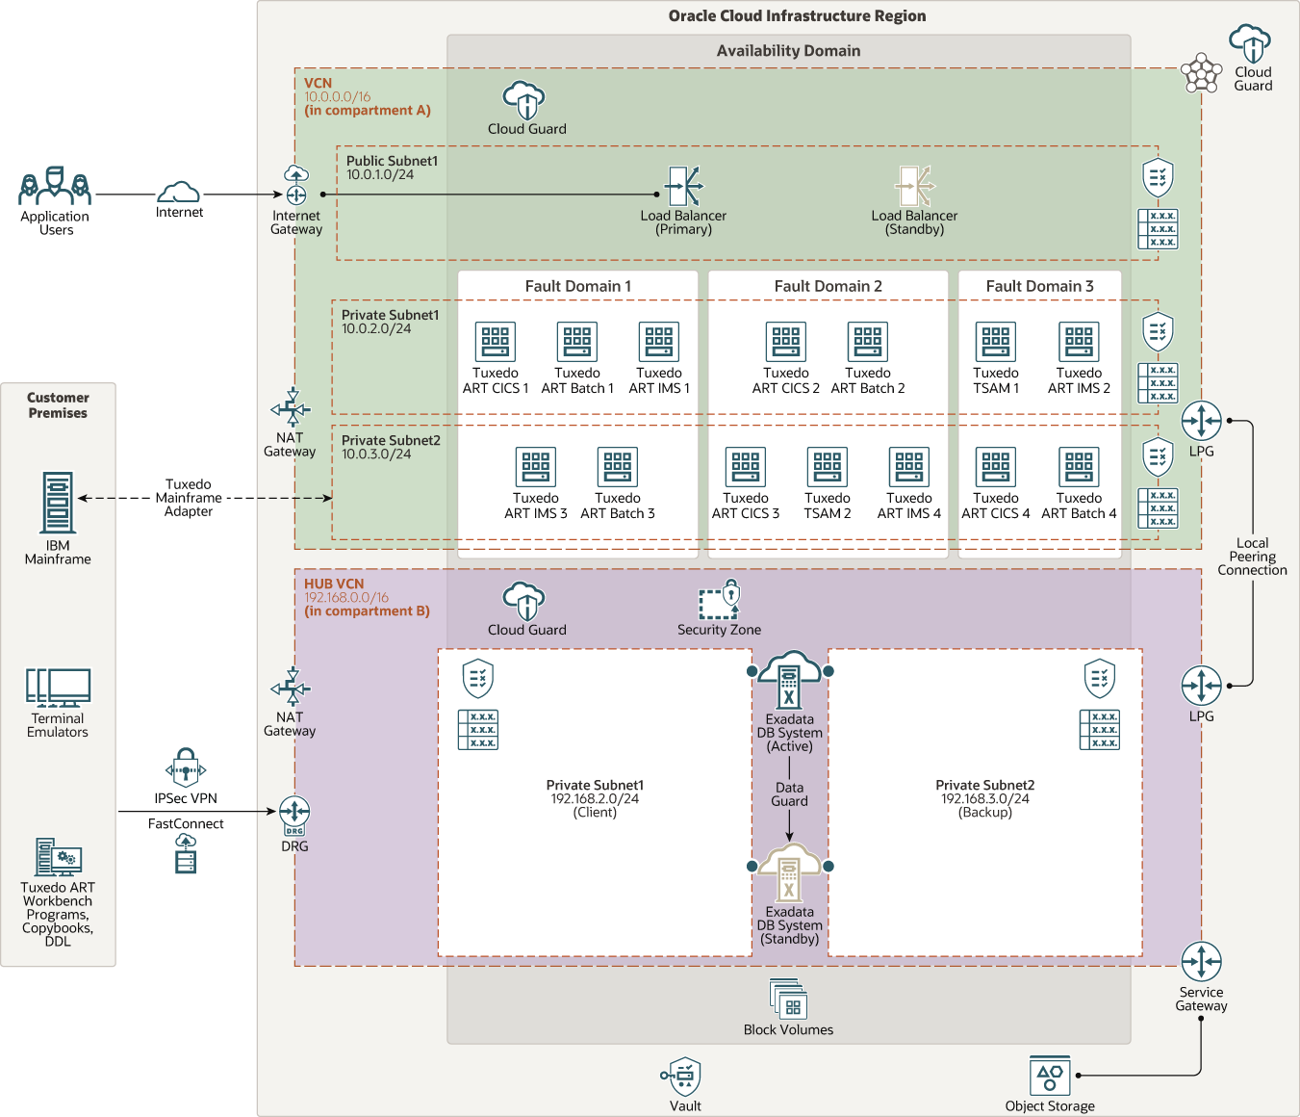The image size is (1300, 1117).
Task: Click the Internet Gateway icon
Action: (x=296, y=185)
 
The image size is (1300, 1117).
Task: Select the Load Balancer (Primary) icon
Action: (x=684, y=186)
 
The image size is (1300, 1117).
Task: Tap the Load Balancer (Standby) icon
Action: (x=914, y=186)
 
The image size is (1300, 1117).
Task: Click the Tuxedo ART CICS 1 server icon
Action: (x=496, y=342)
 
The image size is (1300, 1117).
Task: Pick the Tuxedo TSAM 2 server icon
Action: (x=828, y=467)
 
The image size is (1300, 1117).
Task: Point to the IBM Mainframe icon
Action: (x=58, y=502)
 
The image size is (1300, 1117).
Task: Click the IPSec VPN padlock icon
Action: (x=186, y=768)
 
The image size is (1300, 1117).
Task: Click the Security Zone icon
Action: (x=720, y=599)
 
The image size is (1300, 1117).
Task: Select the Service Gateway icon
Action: (x=1202, y=962)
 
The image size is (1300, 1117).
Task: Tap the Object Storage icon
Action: (x=1050, y=1076)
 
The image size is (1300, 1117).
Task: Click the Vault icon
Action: (x=684, y=1076)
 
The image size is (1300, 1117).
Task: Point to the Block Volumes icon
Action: (x=789, y=1000)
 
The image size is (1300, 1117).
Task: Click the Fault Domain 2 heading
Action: (x=828, y=286)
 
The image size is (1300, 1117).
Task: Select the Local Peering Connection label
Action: (x=1252, y=557)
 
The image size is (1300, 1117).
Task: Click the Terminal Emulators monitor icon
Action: (x=58, y=688)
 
